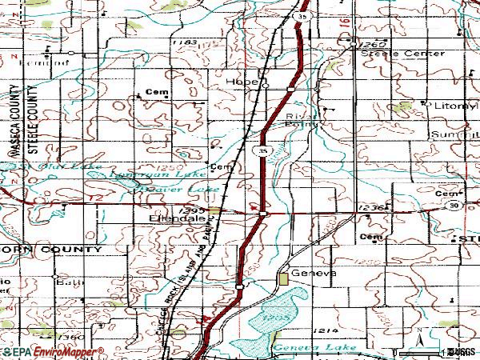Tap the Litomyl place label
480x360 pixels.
point(452,105)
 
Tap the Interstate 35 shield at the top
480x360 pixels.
point(301,15)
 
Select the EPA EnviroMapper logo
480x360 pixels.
point(52,352)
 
